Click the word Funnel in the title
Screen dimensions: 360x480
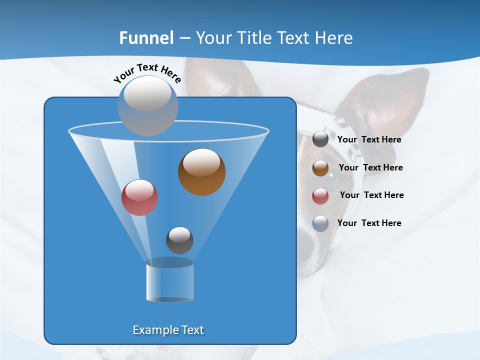click(x=146, y=38)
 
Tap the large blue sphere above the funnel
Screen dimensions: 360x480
click(x=147, y=105)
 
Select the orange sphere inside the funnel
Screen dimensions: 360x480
click(x=201, y=172)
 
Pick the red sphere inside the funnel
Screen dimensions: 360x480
click(x=139, y=197)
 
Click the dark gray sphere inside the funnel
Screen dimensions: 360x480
click(x=179, y=240)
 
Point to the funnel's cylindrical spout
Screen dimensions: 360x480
click(x=169, y=281)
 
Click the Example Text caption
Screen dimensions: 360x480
click(x=168, y=330)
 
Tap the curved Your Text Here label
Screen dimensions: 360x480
click(x=147, y=73)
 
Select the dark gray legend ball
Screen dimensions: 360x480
click(x=320, y=139)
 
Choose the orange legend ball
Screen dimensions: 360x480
click(x=320, y=168)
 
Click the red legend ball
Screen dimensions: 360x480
click(x=320, y=196)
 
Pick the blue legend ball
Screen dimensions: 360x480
click(x=320, y=223)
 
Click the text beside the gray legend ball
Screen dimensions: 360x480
click(x=369, y=140)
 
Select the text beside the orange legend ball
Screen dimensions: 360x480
click(x=370, y=167)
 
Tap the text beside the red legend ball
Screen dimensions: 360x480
click(x=371, y=195)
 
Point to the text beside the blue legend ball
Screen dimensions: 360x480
click(x=369, y=223)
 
